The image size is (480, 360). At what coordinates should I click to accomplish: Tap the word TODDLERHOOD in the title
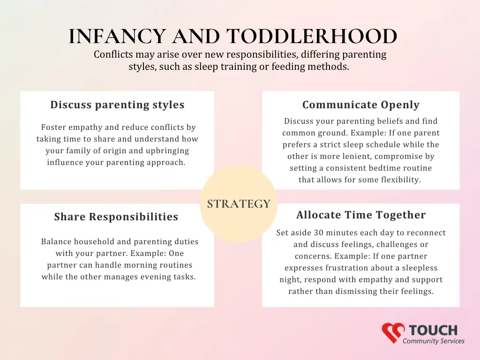312,36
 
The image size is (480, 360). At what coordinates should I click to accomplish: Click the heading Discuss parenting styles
117,105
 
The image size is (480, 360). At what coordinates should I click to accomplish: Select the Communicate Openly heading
360,105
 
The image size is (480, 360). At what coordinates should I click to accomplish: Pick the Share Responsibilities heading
116,217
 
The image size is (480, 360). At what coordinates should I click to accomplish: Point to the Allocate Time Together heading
361,215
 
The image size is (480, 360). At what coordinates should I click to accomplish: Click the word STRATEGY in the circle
239,204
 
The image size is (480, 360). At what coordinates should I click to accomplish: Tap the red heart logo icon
393,332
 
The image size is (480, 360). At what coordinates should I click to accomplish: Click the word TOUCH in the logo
433,330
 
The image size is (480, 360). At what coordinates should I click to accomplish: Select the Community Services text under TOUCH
434,341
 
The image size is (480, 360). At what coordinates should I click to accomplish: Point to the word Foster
52,127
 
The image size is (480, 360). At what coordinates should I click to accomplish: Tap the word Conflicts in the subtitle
113,54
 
